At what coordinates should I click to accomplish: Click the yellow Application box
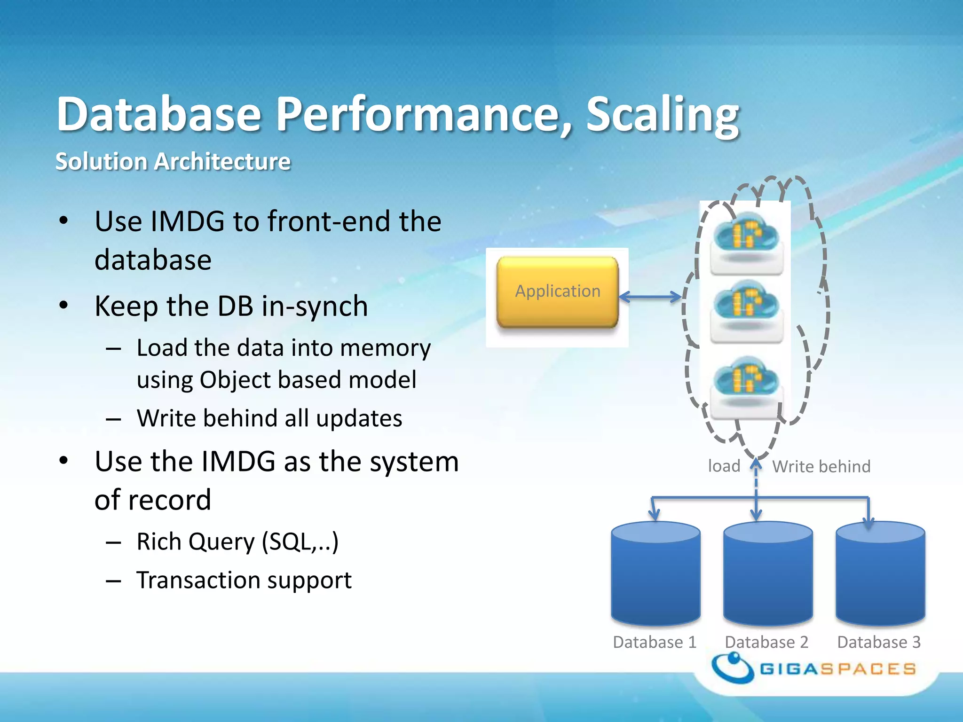pyautogui.click(x=558, y=291)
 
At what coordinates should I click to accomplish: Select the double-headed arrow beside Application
pyautogui.click(x=650, y=297)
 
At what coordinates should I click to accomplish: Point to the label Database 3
pyautogui.click(x=878, y=642)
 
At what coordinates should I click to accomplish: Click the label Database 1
pyautogui.click(x=655, y=642)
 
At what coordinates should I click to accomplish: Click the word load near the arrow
pyautogui.click(x=724, y=466)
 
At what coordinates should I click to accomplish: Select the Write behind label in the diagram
pyautogui.click(x=821, y=466)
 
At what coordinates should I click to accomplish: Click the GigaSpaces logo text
pyautogui.click(x=838, y=668)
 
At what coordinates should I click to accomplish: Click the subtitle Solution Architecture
pyautogui.click(x=173, y=161)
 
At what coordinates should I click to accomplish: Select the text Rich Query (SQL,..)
pyautogui.click(x=237, y=541)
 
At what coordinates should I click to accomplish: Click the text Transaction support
pyautogui.click(x=244, y=580)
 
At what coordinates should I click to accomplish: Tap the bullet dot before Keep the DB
pyautogui.click(x=64, y=306)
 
